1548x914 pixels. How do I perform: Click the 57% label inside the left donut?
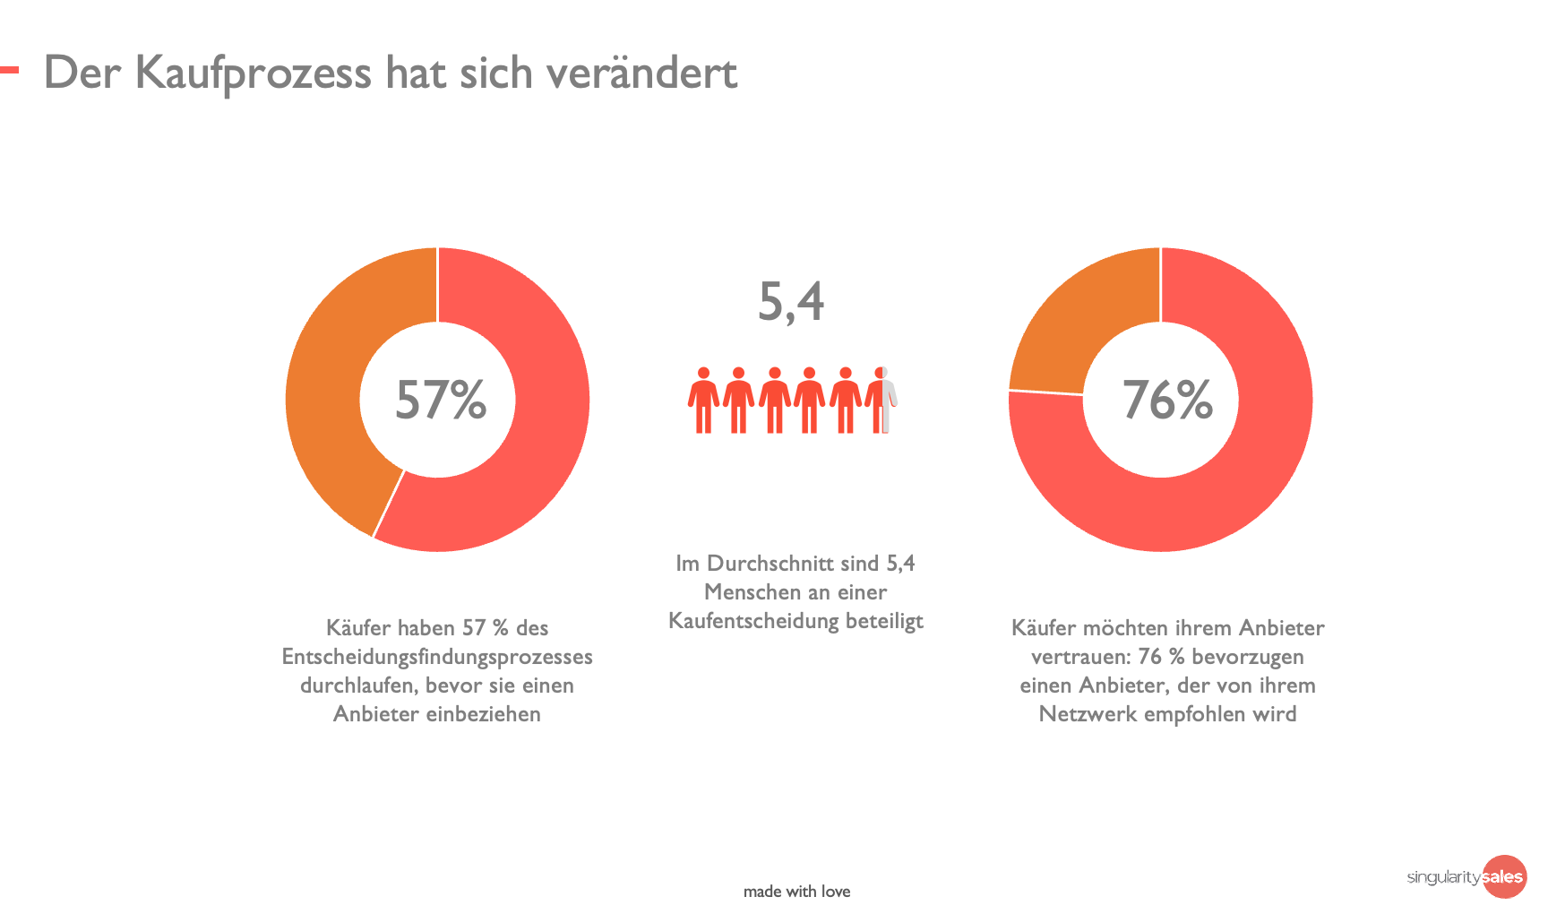[441, 400]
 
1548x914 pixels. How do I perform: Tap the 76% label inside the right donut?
[1167, 400]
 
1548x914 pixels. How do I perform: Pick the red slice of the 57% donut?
[537, 421]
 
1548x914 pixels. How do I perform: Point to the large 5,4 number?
[791, 302]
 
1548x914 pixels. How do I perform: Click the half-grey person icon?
[882, 400]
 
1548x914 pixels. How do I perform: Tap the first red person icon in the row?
[703, 400]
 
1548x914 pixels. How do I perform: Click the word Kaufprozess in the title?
[253, 73]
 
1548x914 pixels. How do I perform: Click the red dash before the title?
[9, 70]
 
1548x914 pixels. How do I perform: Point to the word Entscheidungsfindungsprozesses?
[437, 657]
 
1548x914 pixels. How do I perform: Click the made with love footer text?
[796, 892]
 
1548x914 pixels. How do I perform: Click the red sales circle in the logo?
[1504, 876]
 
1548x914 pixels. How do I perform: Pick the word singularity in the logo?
[1444, 877]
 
